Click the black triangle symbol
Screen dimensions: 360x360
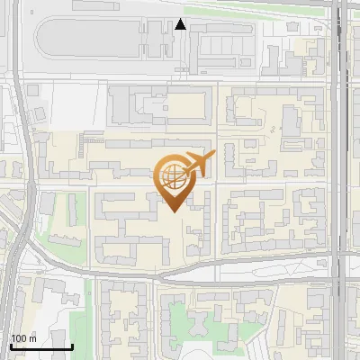[181, 24]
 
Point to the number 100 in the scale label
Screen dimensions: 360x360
[19, 338]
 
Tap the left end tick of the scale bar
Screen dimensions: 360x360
[11, 346]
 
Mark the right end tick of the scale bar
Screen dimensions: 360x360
[72, 346]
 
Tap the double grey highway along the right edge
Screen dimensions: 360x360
[339, 180]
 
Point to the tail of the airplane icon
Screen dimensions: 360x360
[208, 157]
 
